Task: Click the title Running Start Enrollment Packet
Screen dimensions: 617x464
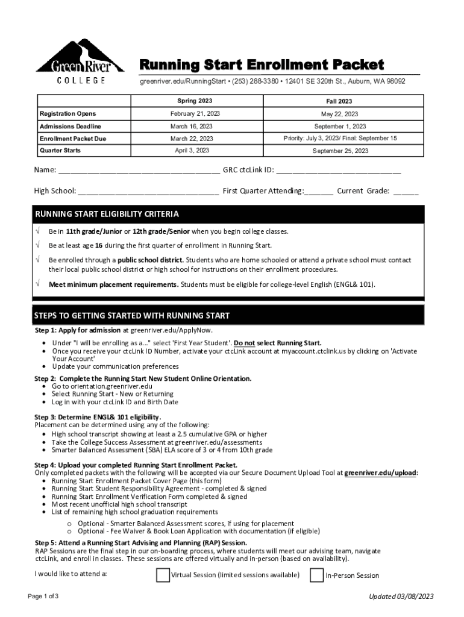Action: tap(262, 64)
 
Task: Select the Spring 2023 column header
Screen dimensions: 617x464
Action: tap(195, 101)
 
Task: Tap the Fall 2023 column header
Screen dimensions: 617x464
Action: tap(340, 101)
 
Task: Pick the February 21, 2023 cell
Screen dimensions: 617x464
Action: tap(195, 113)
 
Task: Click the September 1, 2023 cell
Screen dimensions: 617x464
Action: tap(340, 127)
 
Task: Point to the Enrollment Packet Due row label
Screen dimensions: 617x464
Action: tap(69, 139)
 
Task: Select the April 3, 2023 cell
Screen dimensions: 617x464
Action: tap(192, 150)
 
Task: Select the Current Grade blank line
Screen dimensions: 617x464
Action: tap(406, 192)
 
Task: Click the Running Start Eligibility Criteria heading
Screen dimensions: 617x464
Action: tap(107, 214)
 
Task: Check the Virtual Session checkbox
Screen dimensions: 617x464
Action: tap(163, 575)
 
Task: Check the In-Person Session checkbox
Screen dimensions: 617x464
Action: tap(316, 575)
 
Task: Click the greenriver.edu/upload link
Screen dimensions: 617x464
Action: tap(381, 473)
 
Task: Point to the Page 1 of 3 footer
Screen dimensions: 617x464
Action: tap(43, 596)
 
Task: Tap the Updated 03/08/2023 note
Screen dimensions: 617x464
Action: tap(401, 597)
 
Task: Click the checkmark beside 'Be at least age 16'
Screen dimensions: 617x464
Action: tap(38, 245)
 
